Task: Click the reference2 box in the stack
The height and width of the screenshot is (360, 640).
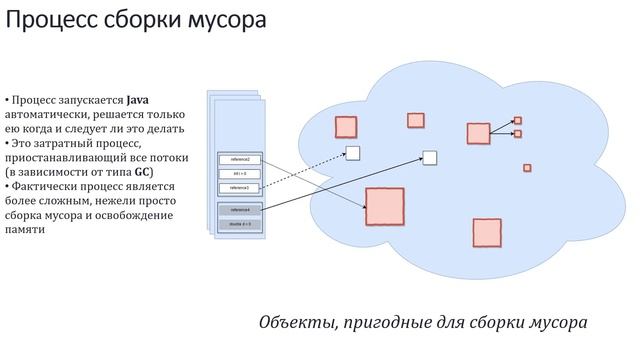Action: pos(239,160)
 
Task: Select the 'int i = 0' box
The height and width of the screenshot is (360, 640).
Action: pos(239,173)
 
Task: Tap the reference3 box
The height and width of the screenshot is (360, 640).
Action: pos(239,187)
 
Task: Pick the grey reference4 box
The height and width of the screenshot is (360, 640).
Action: pos(239,210)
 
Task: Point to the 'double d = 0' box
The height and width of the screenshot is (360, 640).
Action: pos(239,225)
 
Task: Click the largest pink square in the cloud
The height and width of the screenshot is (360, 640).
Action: pos(384,206)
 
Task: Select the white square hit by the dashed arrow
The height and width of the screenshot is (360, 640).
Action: pos(352,152)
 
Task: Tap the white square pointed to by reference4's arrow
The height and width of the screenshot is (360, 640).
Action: pos(430,157)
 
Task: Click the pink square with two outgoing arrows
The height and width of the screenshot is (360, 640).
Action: pos(478,133)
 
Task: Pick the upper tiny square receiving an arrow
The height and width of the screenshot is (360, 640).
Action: pos(518,120)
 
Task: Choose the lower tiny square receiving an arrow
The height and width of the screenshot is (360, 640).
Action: pos(518,133)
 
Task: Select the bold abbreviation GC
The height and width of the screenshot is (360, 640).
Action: pos(144,172)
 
